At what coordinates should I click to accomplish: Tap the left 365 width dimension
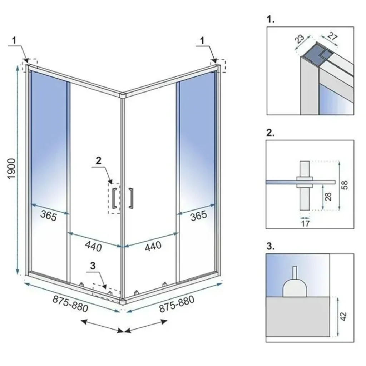tap(48, 216)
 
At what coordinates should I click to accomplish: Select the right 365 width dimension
tap(198, 215)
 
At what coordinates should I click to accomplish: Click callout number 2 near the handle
tap(99, 160)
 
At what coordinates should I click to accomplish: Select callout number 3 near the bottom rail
tap(92, 266)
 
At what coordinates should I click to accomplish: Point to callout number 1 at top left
tap(14, 40)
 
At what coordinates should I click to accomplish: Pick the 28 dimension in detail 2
tap(329, 197)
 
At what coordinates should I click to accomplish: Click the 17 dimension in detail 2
tap(305, 223)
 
